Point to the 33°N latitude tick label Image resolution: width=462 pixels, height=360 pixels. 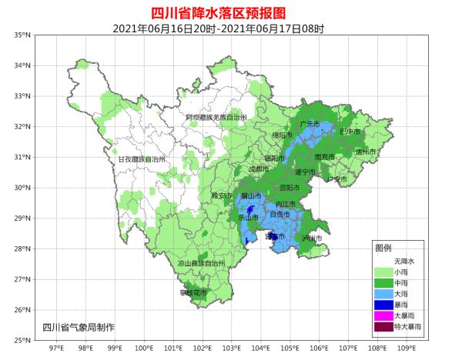[22, 96]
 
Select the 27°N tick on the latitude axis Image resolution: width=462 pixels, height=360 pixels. [22, 280]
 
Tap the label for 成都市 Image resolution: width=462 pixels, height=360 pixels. [259, 169]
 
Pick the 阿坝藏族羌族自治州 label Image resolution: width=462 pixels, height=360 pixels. [216, 118]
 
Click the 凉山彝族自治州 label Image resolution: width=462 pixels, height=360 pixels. [201, 263]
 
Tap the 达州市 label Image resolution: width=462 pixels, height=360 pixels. [365, 152]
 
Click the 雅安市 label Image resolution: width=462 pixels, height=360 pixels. [222, 196]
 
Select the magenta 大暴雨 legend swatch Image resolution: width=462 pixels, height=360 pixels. [383, 315]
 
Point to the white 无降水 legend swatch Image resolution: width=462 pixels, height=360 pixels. [383, 261]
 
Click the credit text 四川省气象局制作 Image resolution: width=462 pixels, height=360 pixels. [79, 327]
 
